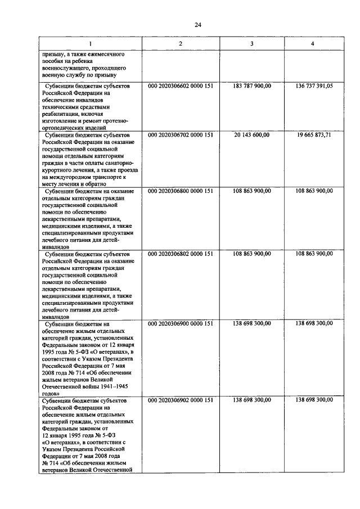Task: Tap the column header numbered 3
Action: pyautogui.click(x=251, y=44)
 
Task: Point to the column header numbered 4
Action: pyautogui.click(x=313, y=44)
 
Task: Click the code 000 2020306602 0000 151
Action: pyautogui.click(x=179, y=86)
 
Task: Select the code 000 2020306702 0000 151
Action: pyautogui.click(x=179, y=135)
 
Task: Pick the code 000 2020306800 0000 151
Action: pyautogui.click(x=179, y=191)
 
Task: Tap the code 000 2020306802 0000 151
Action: pyautogui.click(x=179, y=254)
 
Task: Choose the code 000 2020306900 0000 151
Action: pyautogui.click(x=179, y=323)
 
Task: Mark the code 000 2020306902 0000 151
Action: pyautogui.click(x=179, y=400)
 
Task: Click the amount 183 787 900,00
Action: pyautogui.click(x=251, y=86)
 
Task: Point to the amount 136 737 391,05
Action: pyautogui.click(x=313, y=86)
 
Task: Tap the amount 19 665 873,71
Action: pyautogui.click(x=314, y=135)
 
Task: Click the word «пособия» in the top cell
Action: pyautogui.click(x=57, y=61)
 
